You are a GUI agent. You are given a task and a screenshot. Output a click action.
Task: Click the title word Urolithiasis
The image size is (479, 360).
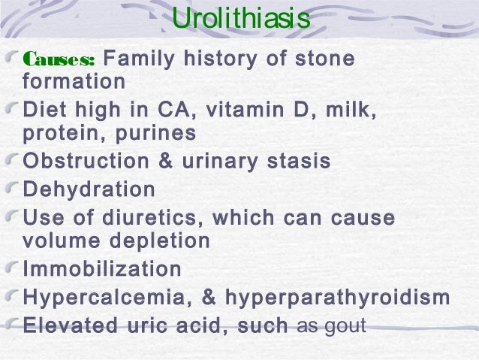(x=240, y=20)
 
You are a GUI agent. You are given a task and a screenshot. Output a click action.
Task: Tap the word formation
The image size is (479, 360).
(x=74, y=80)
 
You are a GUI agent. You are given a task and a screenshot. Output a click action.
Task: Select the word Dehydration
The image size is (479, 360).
(x=89, y=189)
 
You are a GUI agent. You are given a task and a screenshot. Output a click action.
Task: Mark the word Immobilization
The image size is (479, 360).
(x=103, y=268)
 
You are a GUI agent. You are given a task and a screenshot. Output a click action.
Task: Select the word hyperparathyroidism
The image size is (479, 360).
(x=337, y=298)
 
